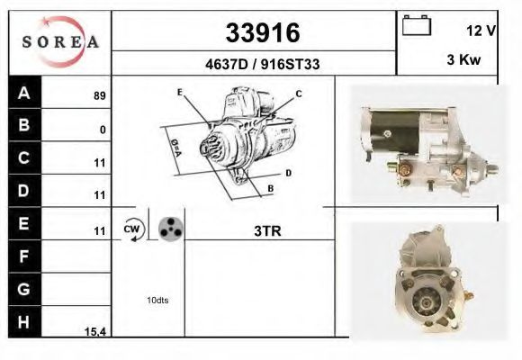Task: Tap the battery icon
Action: click(x=417, y=26)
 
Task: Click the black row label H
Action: click(x=23, y=320)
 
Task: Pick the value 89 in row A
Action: click(x=99, y=94)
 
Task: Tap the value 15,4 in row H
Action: click(x=95, y=332)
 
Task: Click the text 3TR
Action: click(x=267, y=230)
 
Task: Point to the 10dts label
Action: click(x=156, y=300)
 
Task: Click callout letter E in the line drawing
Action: click(x=180, y=93)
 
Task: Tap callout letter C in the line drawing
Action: click(x=299, y=94)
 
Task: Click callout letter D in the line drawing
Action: click(x=288, y=172)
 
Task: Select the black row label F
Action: click(x=23, y=256)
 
